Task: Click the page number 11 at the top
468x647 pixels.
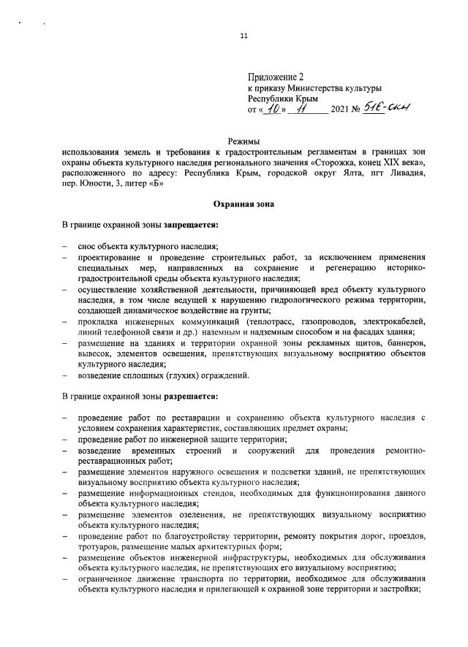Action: (x=244, y=37)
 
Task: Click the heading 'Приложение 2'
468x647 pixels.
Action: (x=275, y=76)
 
